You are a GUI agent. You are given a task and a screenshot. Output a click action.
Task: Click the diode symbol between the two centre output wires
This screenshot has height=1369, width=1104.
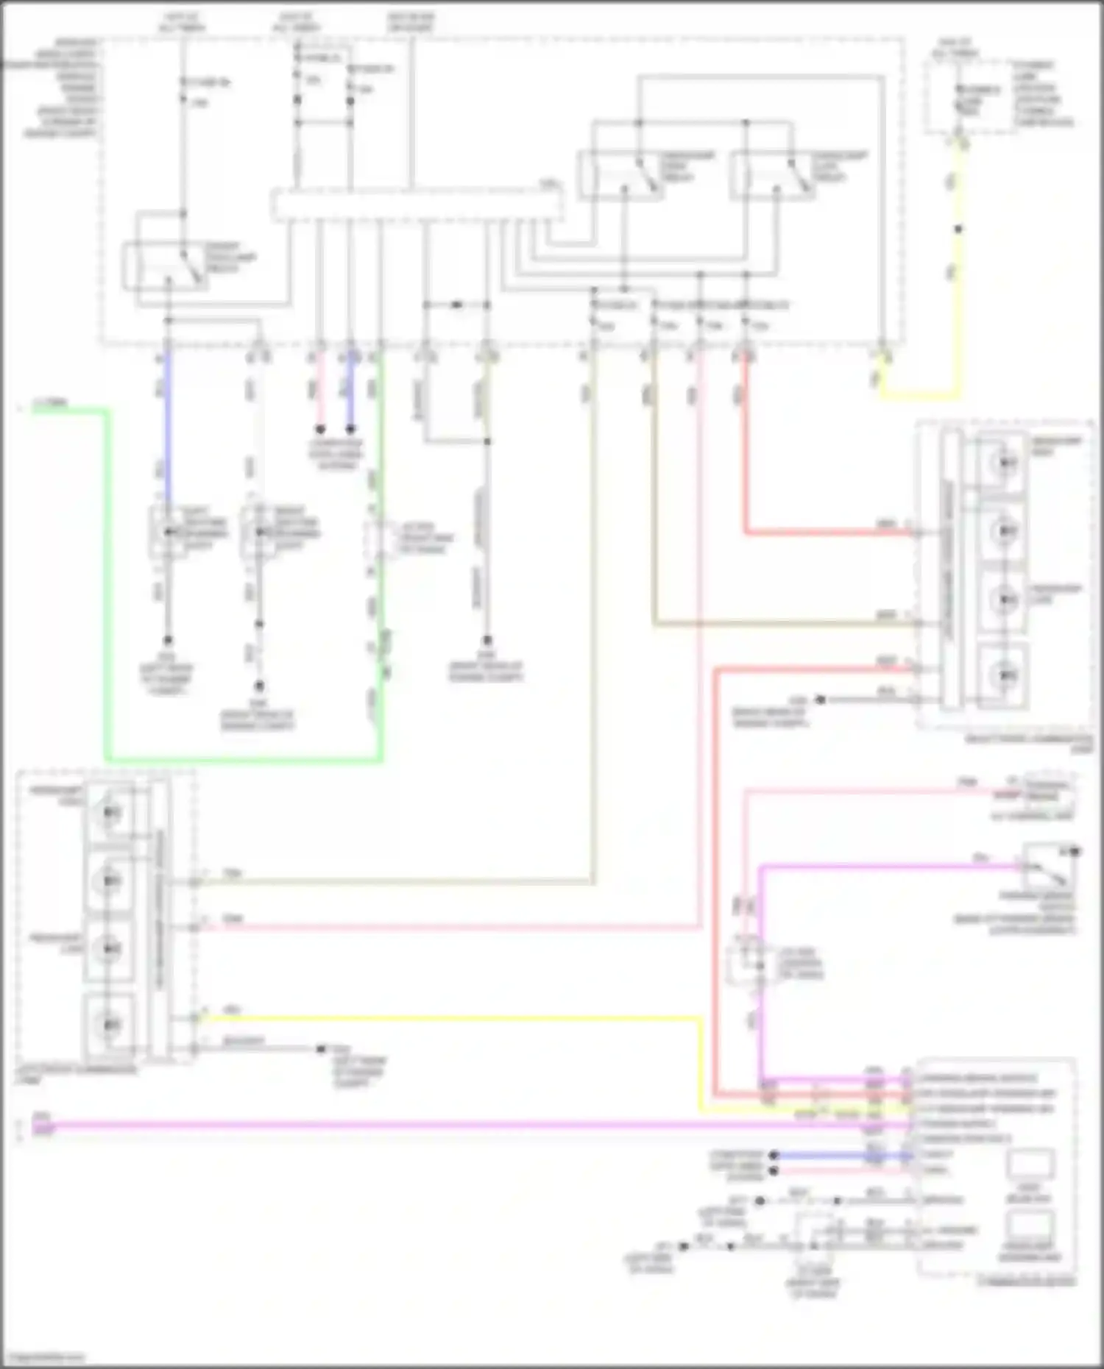pos(456,304)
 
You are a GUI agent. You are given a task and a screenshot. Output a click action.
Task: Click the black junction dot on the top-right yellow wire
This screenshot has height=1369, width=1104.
pos(958,230)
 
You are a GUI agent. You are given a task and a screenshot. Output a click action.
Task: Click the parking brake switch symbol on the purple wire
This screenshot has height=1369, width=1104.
pos(1050,868)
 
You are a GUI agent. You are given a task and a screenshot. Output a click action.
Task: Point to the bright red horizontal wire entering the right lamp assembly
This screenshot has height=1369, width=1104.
pos(824,533)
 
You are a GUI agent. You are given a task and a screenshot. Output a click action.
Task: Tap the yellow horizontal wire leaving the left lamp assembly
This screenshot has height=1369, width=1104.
pos(442,1019)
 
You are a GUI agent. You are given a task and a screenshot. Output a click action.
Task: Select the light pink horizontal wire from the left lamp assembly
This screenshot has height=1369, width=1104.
pos(442,928)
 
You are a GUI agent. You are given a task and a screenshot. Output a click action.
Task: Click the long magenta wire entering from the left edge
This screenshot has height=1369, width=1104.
pos(442,1126)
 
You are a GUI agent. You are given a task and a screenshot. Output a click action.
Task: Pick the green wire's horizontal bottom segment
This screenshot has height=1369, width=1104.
pos(243,759)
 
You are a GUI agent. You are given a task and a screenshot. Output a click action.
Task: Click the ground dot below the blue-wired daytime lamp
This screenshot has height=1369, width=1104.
pos(168,641)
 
